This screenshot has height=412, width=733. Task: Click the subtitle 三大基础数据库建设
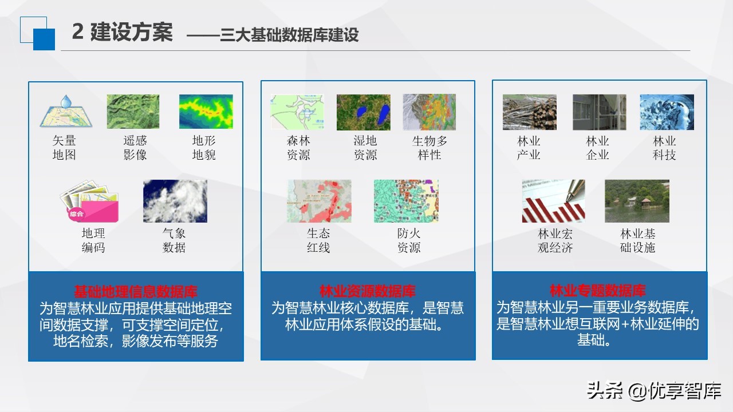(289, 34)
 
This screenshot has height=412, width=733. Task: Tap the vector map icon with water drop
(65, 112)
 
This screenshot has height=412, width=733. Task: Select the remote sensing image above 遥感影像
(133, 112)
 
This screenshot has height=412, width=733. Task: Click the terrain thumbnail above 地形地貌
(206, 112)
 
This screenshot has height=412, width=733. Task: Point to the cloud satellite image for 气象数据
(175, 201)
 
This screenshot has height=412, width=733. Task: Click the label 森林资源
(298, 148)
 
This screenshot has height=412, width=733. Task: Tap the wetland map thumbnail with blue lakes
(363, 112)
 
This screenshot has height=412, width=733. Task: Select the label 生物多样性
(429, 148)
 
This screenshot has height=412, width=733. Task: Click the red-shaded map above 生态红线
(319, 201)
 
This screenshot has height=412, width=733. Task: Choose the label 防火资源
(409, 240)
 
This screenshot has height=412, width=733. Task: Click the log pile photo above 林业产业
(529, 112)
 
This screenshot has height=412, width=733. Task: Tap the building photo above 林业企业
(599, 112)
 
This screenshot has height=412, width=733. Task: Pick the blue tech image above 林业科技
(667, 112)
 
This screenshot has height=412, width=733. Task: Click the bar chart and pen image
(553, 201)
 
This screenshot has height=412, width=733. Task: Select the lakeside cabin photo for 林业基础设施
(637, 201)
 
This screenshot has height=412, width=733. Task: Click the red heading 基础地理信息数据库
(136, 291)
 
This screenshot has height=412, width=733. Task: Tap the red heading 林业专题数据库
(598, 290)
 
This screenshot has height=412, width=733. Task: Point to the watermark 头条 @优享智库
(653, 390)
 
